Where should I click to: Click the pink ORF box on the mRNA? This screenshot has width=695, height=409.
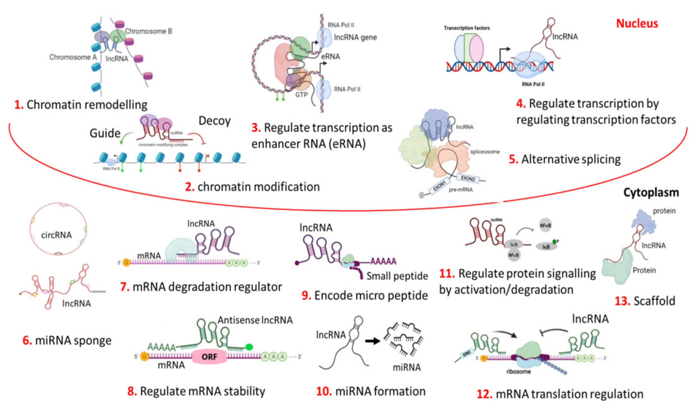[x=209, y=357]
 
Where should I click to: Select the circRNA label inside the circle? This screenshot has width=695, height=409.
[x=56, y=235]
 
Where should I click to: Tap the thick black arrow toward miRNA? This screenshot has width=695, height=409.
[x=372, y=341]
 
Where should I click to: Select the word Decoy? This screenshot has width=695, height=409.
[x=214, y=121]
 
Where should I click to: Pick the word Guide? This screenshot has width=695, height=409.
[x=105, y=133]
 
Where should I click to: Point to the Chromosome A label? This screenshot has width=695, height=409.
[x=73, y=57]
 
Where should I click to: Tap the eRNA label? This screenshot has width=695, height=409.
[x=330, y=56]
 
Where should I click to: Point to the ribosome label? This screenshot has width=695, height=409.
[x=518, y=372]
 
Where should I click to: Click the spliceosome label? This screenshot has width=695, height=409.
[x=485, y=151]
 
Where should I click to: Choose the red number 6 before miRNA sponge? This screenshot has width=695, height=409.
[x=27, y=341]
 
